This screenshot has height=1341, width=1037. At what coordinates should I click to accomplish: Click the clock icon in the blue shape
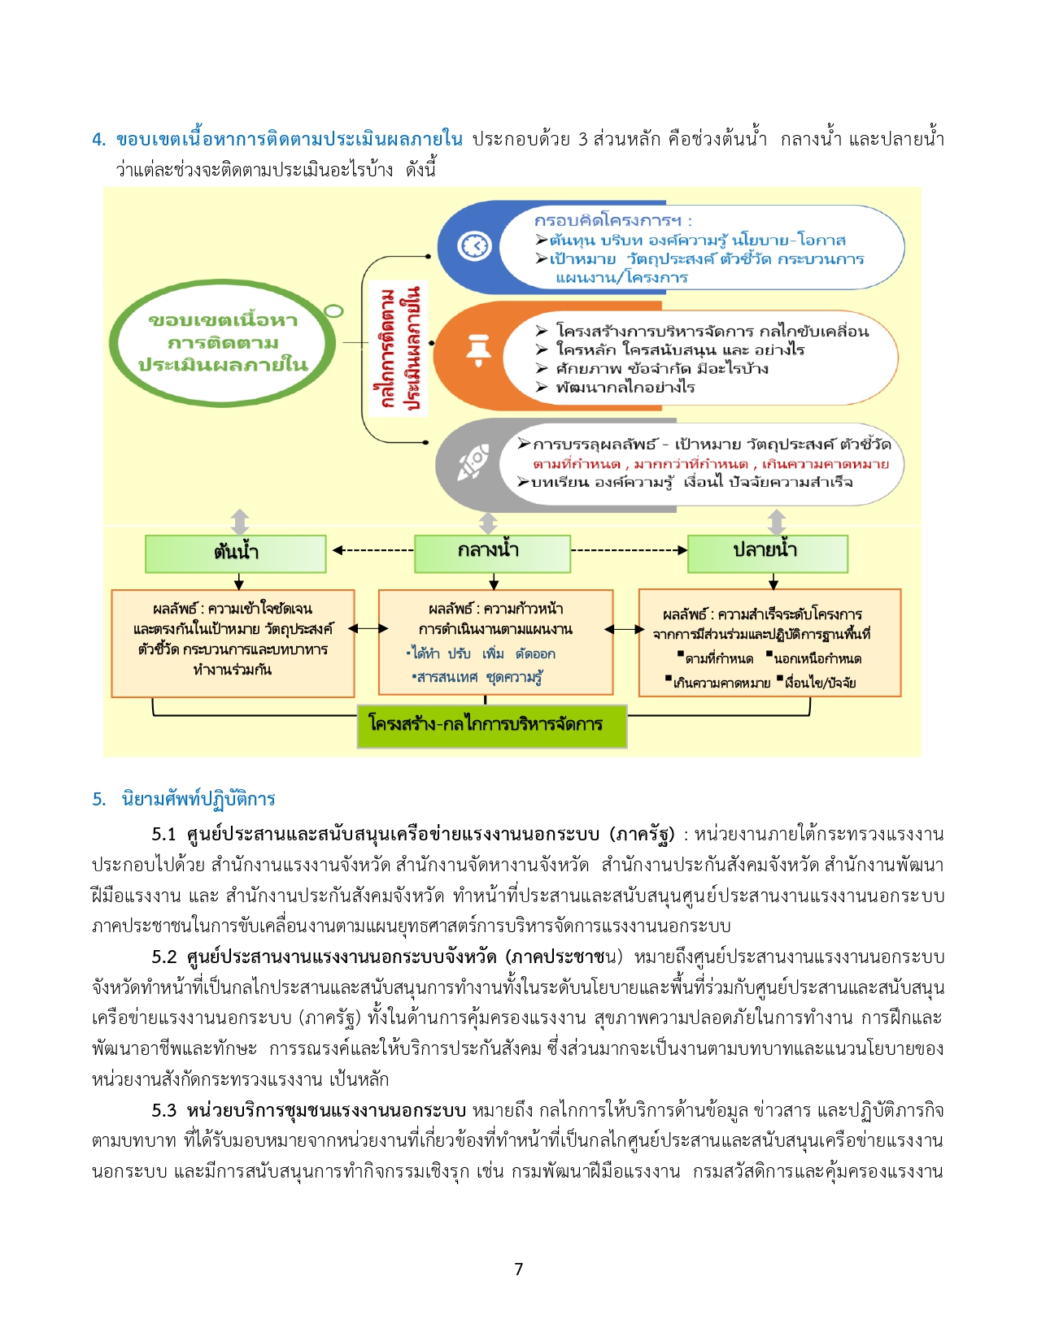(x=474, y=245)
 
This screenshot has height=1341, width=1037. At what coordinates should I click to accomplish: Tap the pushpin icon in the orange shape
(x=478, y=350)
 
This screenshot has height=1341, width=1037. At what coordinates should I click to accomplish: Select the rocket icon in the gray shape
(x=473, y=462)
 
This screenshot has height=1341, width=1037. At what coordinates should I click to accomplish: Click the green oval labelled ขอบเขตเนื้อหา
(x=222, y=342)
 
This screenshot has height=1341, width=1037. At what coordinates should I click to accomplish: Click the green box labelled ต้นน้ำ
(x=235, y=553)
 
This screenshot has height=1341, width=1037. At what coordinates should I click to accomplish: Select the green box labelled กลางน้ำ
(x=492, y=553)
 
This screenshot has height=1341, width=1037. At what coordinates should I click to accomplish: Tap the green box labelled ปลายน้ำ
(x=768, y=553)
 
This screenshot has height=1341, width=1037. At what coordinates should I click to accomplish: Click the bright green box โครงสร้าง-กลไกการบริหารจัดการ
(x=492, y=726)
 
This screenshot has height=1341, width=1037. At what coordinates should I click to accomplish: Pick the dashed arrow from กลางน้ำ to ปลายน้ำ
(x=629, y=550)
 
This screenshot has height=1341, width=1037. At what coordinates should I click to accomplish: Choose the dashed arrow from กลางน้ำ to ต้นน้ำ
(x=373, y=550)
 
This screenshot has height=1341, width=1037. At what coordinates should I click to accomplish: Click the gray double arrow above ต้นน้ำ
(x=240, y=522)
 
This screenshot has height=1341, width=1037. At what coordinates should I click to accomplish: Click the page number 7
(x=519, y=1269)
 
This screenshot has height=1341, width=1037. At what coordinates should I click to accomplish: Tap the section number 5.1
(x=164, y=835)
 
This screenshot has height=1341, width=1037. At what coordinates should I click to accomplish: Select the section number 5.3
(x=164, y=1110)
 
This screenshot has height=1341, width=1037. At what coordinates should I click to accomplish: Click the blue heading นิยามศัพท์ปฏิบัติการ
(x=198, y=799)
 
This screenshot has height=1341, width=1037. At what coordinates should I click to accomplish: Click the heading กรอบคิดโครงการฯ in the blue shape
(x=613, y=220)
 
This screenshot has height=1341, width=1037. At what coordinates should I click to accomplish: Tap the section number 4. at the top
(x=99, y=140)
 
